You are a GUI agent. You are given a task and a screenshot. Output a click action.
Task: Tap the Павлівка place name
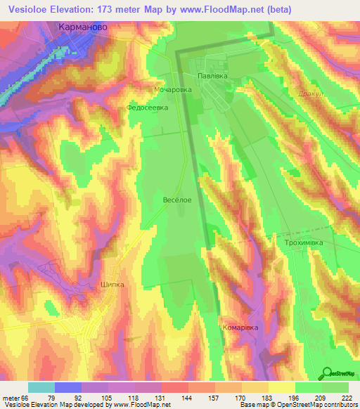[x=217, y=72]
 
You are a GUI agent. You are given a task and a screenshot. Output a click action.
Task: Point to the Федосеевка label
[x=146, y=109]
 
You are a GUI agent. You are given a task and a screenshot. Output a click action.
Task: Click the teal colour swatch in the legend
[x=41, y=387]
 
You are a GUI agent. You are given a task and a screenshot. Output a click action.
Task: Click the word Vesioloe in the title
[x=32, y=8]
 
